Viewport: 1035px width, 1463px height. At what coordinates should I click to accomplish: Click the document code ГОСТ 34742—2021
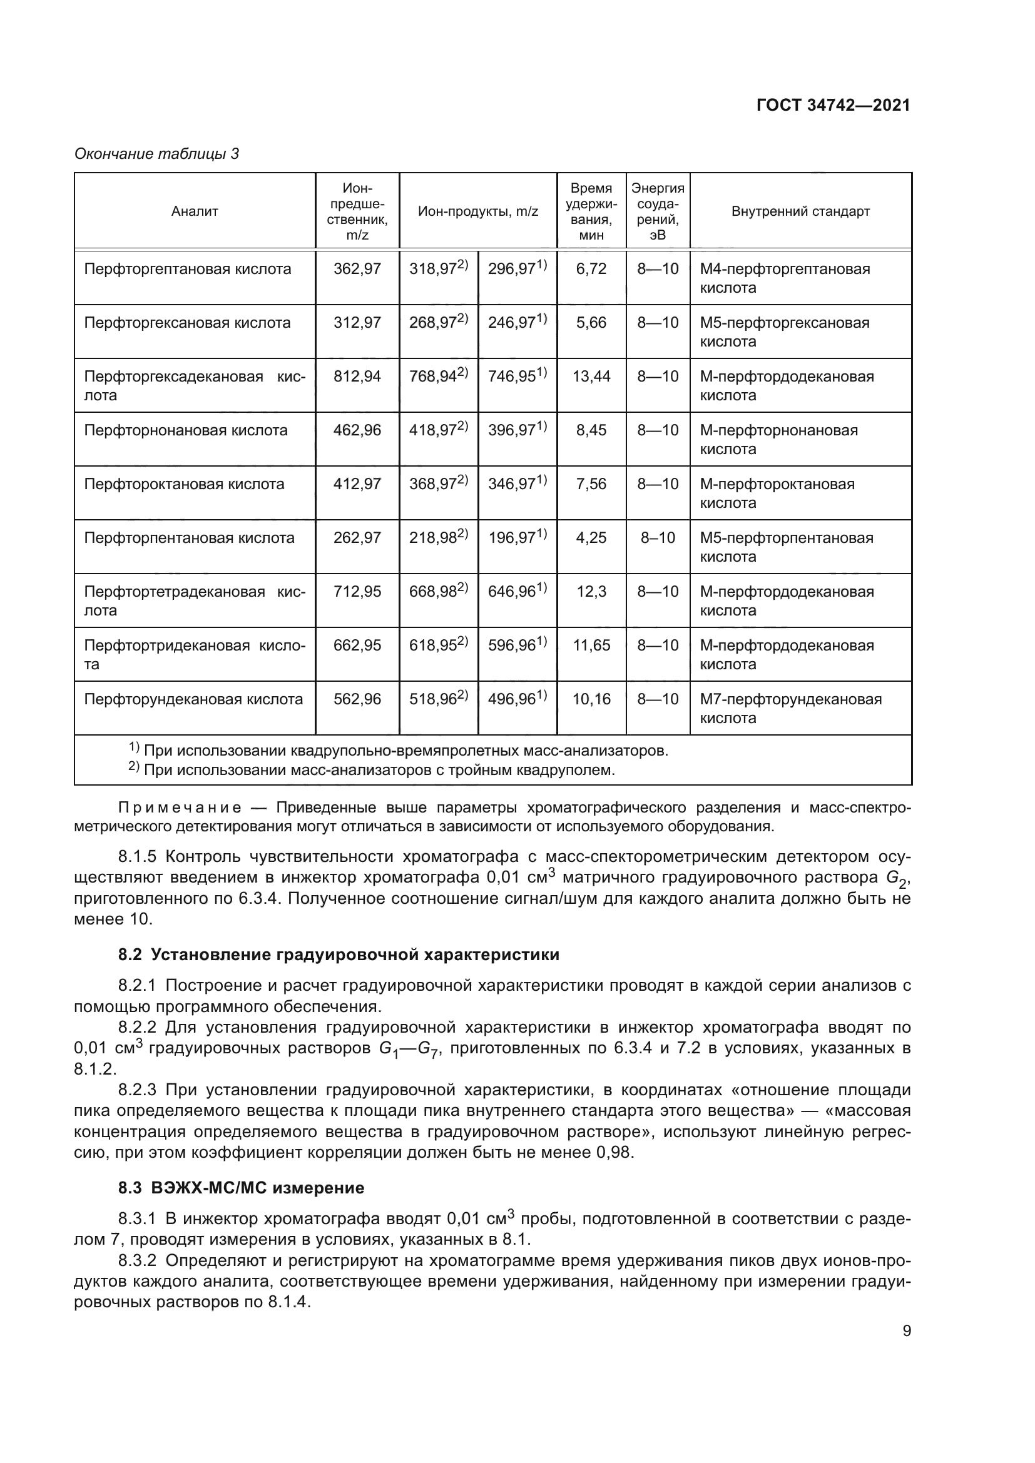pyautogui.click(x=833, y=106)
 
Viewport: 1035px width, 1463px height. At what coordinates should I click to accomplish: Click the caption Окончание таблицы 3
pyautogui.click(x=157, y=154)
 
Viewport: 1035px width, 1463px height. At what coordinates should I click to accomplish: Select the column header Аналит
pyautogui.click(x=195, y=211)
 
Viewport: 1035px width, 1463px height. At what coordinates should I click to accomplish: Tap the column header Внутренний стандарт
pyautogui.click(x=800, y=211)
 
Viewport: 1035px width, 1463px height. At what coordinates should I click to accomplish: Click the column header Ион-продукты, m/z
pyautogui.click(x=478, y=211)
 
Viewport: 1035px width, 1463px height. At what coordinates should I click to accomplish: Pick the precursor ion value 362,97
pyautogui.click(x=357, y=269)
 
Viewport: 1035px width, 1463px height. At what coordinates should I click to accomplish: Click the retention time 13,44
pyautogui.click(x=591, y=377)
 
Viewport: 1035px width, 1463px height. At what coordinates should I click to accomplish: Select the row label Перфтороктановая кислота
pyautogui.click(x=184, y=484)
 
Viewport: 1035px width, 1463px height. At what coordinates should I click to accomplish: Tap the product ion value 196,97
pyautogui.click(x=512, y=538)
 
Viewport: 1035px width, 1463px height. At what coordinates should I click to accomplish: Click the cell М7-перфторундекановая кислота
pyautogui.click(x=790, y=709)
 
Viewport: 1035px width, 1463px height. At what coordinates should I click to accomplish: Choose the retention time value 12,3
pyautogui.click(x=591, y=592)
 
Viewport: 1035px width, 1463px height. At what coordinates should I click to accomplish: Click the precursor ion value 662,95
pyautogui.click(x=357, y=645)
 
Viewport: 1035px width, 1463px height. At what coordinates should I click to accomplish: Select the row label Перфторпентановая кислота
pyautogui.click(x=189, y=538)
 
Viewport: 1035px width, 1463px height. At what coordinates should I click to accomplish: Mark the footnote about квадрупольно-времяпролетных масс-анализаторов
pyautogui.click(x=405, y=751)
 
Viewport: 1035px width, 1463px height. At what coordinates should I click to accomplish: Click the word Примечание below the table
pyautogui.click(x=180, y=808)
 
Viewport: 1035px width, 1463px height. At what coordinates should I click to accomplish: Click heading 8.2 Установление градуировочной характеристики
pyautogui.click(x=339, y=954)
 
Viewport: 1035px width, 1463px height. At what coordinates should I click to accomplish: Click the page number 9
pyautogui.click(x=907, y=1331)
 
